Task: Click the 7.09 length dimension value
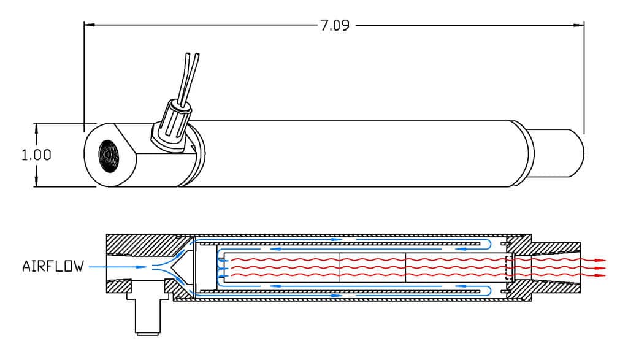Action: pyautogui.click(x=335, y=25)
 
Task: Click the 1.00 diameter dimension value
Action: pyautogui.click(x=36, y=155)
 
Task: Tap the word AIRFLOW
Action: pyautogui.click(x=53, y=266)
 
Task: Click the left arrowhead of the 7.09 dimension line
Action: pyautogui.click(x=89, y=25)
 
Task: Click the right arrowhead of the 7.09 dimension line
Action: pyautogui.click(x=579, y=25)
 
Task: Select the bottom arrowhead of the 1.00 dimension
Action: pyautogui.click(x=36, y=182)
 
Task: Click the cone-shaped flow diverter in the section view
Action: pyautogui.click(x=180, y=267)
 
